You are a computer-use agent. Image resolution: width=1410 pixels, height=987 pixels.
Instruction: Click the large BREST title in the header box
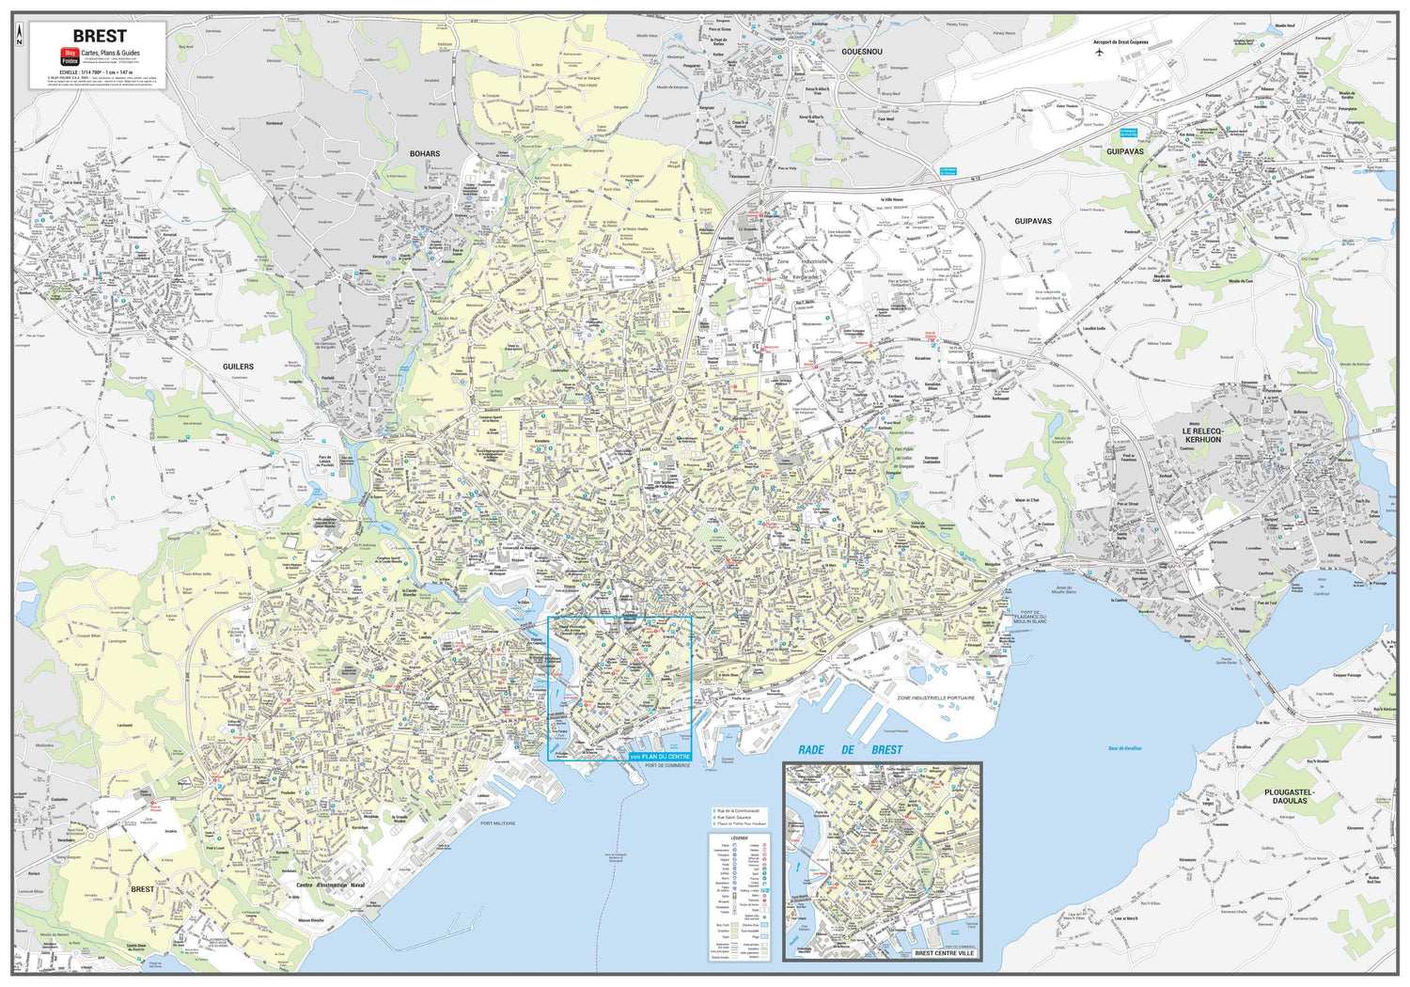click(x=99, y=37)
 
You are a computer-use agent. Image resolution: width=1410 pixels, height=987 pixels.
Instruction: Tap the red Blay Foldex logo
click(x=69, y=56)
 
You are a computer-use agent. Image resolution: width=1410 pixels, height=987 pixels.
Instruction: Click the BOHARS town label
click(x=425, y=153)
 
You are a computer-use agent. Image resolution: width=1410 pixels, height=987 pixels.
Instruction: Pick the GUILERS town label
click(x=238, y=367)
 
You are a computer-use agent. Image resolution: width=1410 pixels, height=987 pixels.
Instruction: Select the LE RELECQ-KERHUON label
click(x=1202, y=435)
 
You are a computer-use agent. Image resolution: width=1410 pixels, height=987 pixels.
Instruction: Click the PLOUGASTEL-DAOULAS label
click(x=1289, y=796)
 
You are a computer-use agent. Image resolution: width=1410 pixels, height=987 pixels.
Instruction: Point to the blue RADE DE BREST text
click(x=850, y=749)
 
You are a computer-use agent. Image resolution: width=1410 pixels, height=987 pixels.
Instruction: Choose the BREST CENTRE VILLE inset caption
click(x=945, y=953)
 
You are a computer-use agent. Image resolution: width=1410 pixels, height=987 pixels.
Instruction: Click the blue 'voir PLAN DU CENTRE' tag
click(x=660, y=756)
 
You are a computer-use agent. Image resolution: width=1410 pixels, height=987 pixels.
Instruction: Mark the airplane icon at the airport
click(x=1101, y=52)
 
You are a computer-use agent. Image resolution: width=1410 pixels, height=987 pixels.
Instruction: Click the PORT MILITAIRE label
click(x=499, y=823)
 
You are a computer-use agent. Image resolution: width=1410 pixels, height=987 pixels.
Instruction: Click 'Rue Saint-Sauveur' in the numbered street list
click(x=740, y=817)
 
